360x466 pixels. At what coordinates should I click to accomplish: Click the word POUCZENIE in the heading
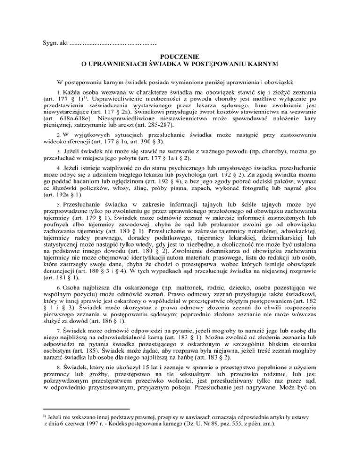pos(180,55)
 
